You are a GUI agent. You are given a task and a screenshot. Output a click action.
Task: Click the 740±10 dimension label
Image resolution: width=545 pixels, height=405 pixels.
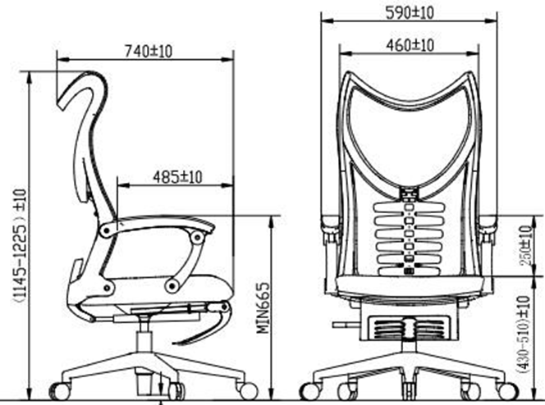(x=149, y=52)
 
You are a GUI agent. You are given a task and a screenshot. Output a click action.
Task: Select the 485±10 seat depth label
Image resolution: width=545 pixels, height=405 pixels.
(x=177, y=177)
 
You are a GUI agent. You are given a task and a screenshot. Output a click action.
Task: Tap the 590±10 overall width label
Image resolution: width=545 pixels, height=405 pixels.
(x=410, y=13)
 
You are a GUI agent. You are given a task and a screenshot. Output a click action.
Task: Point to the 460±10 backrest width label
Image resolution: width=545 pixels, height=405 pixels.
(x=410, y=45)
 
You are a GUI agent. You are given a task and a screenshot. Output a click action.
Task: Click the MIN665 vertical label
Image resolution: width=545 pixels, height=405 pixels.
(x=263, y=307)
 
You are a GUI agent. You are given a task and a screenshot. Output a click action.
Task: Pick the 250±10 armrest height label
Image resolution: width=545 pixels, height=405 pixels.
(x=526, y=245)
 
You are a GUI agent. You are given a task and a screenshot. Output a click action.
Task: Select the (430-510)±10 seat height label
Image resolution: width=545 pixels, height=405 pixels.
(x=524, y=334)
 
